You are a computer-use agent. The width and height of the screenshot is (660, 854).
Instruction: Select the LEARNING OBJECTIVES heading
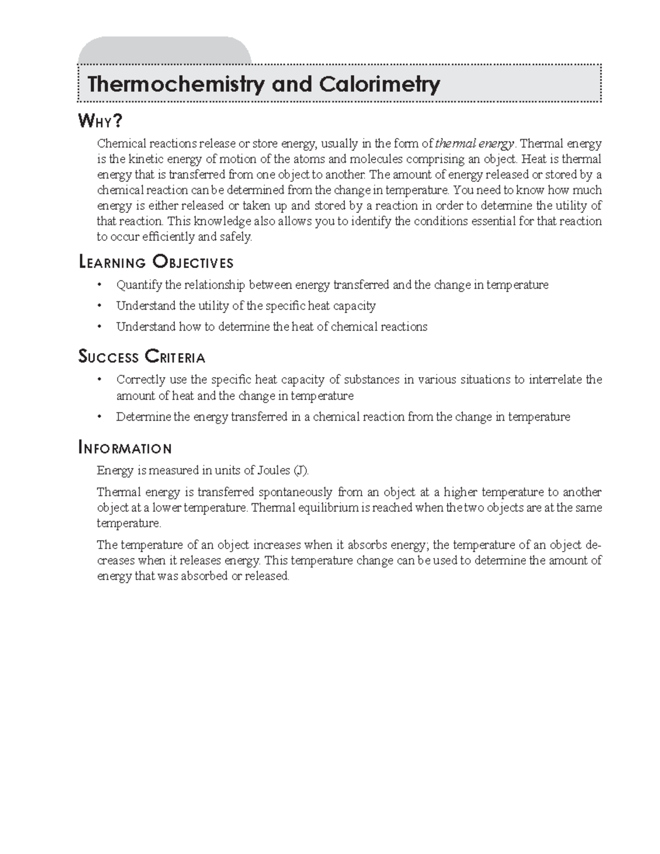156,262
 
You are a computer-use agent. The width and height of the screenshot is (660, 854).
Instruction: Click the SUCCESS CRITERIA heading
142,357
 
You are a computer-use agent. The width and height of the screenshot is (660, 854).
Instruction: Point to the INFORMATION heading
126,448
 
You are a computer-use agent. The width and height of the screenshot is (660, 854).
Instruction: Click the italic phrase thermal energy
475,144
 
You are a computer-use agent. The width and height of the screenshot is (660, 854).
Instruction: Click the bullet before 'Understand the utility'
100,306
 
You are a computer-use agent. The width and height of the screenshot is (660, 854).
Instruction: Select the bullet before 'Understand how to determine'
100,327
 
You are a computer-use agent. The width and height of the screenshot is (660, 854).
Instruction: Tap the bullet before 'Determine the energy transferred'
100,417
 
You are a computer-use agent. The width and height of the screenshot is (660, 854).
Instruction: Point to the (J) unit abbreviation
301,470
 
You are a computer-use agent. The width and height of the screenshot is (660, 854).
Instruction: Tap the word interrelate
555,379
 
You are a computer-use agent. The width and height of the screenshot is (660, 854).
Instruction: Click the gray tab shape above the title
165,51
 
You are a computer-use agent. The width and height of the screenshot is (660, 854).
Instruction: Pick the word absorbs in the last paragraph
367,545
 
